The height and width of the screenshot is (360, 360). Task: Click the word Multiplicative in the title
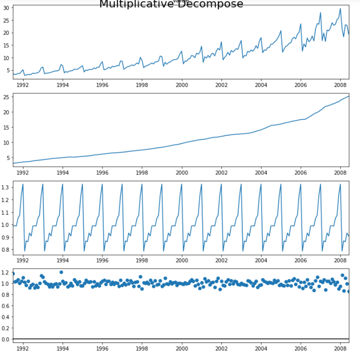(134, 4)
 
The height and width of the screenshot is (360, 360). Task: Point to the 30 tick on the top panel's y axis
(6, 8)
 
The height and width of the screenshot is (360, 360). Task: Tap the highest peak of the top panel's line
(340, 9)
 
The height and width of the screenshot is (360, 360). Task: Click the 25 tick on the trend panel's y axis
(6, 97)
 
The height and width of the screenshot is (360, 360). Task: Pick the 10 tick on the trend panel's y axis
(6, 142)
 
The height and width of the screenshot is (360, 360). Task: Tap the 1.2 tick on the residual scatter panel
(5, 272)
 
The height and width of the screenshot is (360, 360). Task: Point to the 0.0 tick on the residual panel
(5, 339)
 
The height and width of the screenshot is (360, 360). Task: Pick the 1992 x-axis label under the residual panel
(23, 348)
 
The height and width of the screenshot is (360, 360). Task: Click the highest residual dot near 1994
(61, 272)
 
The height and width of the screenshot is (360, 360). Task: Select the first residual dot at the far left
(13, 273)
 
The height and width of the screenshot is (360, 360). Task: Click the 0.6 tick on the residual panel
(5, 305)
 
